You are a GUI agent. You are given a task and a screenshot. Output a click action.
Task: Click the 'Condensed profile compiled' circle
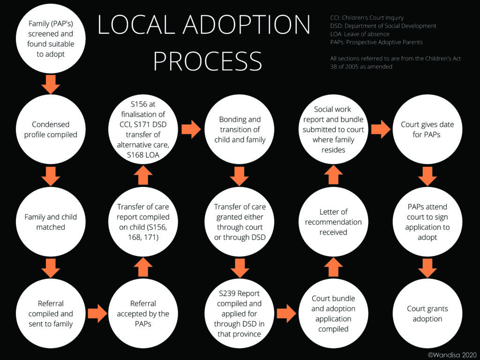click(51, 129)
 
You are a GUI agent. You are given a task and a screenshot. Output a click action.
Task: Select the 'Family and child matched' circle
click(51, 222)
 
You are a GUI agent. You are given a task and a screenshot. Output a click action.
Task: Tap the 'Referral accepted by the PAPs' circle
click(143, 314)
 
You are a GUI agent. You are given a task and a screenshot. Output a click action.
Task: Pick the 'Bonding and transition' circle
click(240, 129)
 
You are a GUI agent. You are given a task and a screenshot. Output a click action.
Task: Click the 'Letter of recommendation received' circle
click(333, 222)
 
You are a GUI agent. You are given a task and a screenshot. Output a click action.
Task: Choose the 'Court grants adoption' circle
click(427, 314)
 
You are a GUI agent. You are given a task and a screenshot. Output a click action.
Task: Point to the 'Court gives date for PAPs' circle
click(427, 129)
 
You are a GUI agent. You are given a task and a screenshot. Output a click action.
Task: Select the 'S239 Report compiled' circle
click(240, 314)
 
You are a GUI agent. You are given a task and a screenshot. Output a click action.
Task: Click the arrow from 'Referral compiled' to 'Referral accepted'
click(97, 314)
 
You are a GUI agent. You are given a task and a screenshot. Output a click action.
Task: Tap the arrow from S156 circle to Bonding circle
click(191, 129)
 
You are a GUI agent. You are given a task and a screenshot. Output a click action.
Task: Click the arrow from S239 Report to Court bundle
click(286, 314)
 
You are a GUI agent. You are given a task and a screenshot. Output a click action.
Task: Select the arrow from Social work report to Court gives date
click(381, 129)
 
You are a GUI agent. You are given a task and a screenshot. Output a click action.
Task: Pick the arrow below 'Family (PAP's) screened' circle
click(51, 84)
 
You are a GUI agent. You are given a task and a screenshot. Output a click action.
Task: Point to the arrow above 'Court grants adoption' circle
click(427, 268)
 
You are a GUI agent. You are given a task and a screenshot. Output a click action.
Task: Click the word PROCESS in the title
click(208, 61)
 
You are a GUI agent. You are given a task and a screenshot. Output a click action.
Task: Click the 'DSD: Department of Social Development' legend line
click(383, 26)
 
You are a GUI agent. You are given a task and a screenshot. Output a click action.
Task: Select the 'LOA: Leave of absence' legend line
click(360, 34)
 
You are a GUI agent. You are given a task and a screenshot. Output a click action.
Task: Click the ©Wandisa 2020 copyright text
click(452, 355)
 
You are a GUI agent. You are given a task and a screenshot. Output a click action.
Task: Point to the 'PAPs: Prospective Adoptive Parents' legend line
click(376, 42)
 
